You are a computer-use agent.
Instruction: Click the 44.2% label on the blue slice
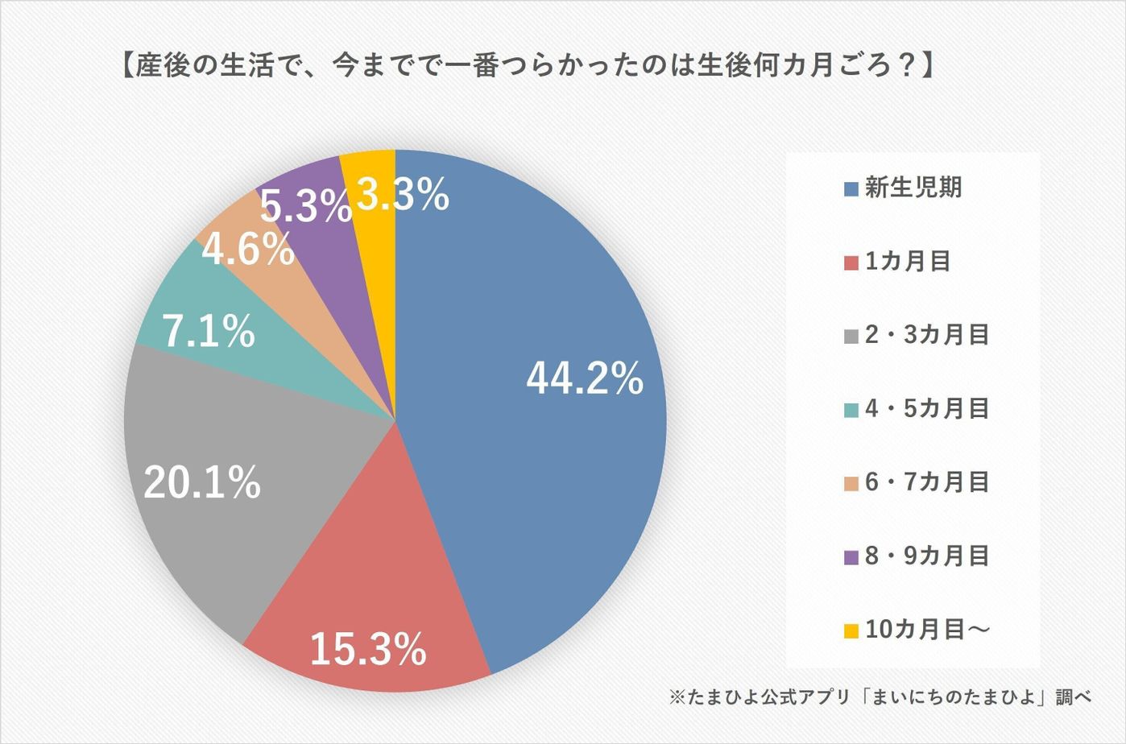coord(585,378)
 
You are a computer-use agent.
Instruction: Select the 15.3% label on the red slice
coord(367,649)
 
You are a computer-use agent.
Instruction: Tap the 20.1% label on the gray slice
coord(202,482)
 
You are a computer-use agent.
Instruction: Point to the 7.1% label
coord(209,332)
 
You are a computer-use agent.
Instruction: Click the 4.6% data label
coord(247,250)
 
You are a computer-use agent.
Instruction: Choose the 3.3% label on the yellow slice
coord(403,196)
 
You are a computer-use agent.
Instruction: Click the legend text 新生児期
coord(913,188)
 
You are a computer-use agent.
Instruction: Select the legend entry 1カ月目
coord(908,261)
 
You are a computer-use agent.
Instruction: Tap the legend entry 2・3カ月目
coord(927,335)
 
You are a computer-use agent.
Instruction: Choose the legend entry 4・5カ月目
coord(927,408)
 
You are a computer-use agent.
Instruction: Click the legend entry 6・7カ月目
coord(927,482)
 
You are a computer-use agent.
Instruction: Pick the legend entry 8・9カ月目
coord(927,556)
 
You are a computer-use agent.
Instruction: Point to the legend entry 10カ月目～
coord(927,629)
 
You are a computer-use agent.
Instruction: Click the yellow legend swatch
coord(851,631)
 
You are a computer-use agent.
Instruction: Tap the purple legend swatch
coord(851,557)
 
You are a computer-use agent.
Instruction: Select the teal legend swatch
coord(851,411)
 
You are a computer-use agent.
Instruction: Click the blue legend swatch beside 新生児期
coord(851,190)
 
